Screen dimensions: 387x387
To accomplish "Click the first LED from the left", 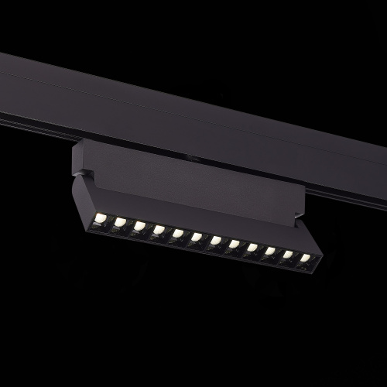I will pyautogui.click(x=101, y=216).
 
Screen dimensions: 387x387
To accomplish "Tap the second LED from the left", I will pyautogui.click(x=120, y=221).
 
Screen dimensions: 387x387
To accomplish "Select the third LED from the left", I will pyautogui.click(x=139, y=225).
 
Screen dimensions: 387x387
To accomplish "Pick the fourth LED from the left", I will pyautogui.click(x=159, y=229).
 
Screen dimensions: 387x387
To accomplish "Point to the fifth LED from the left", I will pyautogui.click(x=177, y=233).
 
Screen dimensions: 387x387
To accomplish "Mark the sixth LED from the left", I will pyautogui.click(x=196, y=237).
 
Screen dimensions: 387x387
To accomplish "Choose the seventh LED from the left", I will pyautogui.click(x=214, y=241).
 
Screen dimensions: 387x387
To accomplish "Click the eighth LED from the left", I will pyautogui.click(x=233, y=245).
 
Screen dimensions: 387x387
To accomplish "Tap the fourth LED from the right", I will pyautogui.click(x=252, y=248).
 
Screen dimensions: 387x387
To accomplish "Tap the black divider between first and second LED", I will pyautogui.click(x=111, y=219).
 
